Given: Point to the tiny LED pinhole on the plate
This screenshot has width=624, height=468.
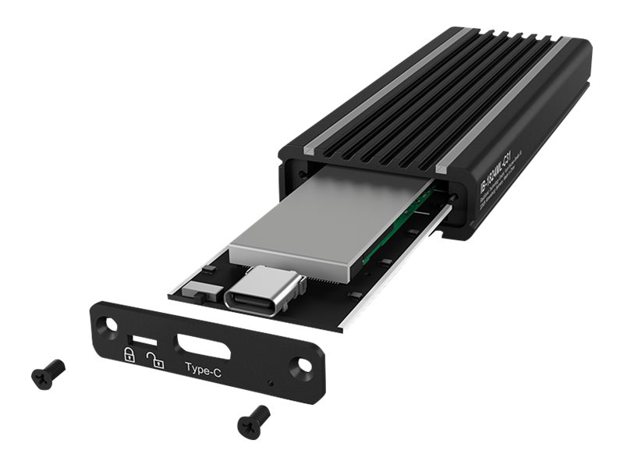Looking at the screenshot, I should pos(270,385).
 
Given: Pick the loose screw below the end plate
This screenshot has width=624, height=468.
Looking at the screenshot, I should pos(253,421).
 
